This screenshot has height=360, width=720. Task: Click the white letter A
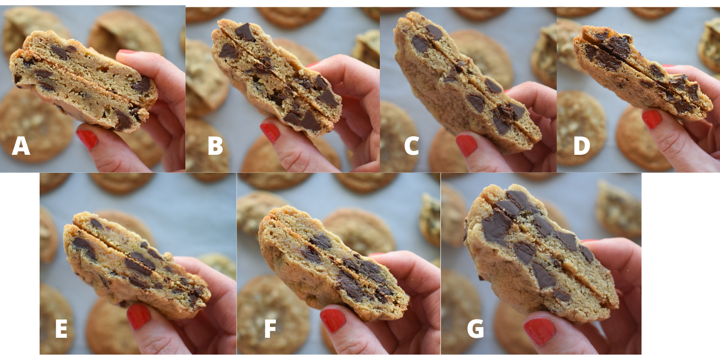point(21,146)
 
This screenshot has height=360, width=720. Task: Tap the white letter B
point(215,146)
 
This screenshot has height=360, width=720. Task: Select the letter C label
point(411,146)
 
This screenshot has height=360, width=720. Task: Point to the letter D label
point(581,146)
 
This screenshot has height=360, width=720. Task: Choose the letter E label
point(61,329)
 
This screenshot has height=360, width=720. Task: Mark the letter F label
point(271,329)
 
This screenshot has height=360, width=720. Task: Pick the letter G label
point(475,329)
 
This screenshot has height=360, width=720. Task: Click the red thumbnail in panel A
point(88,139)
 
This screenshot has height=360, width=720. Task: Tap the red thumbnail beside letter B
point(270,132)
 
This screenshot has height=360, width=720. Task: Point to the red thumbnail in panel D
point(652,119)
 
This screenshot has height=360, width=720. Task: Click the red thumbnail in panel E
point(138,316)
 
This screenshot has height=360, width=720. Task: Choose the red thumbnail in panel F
point(332,320)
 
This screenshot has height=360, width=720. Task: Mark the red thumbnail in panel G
point(539,331)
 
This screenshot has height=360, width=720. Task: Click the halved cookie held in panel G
point(537,252)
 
